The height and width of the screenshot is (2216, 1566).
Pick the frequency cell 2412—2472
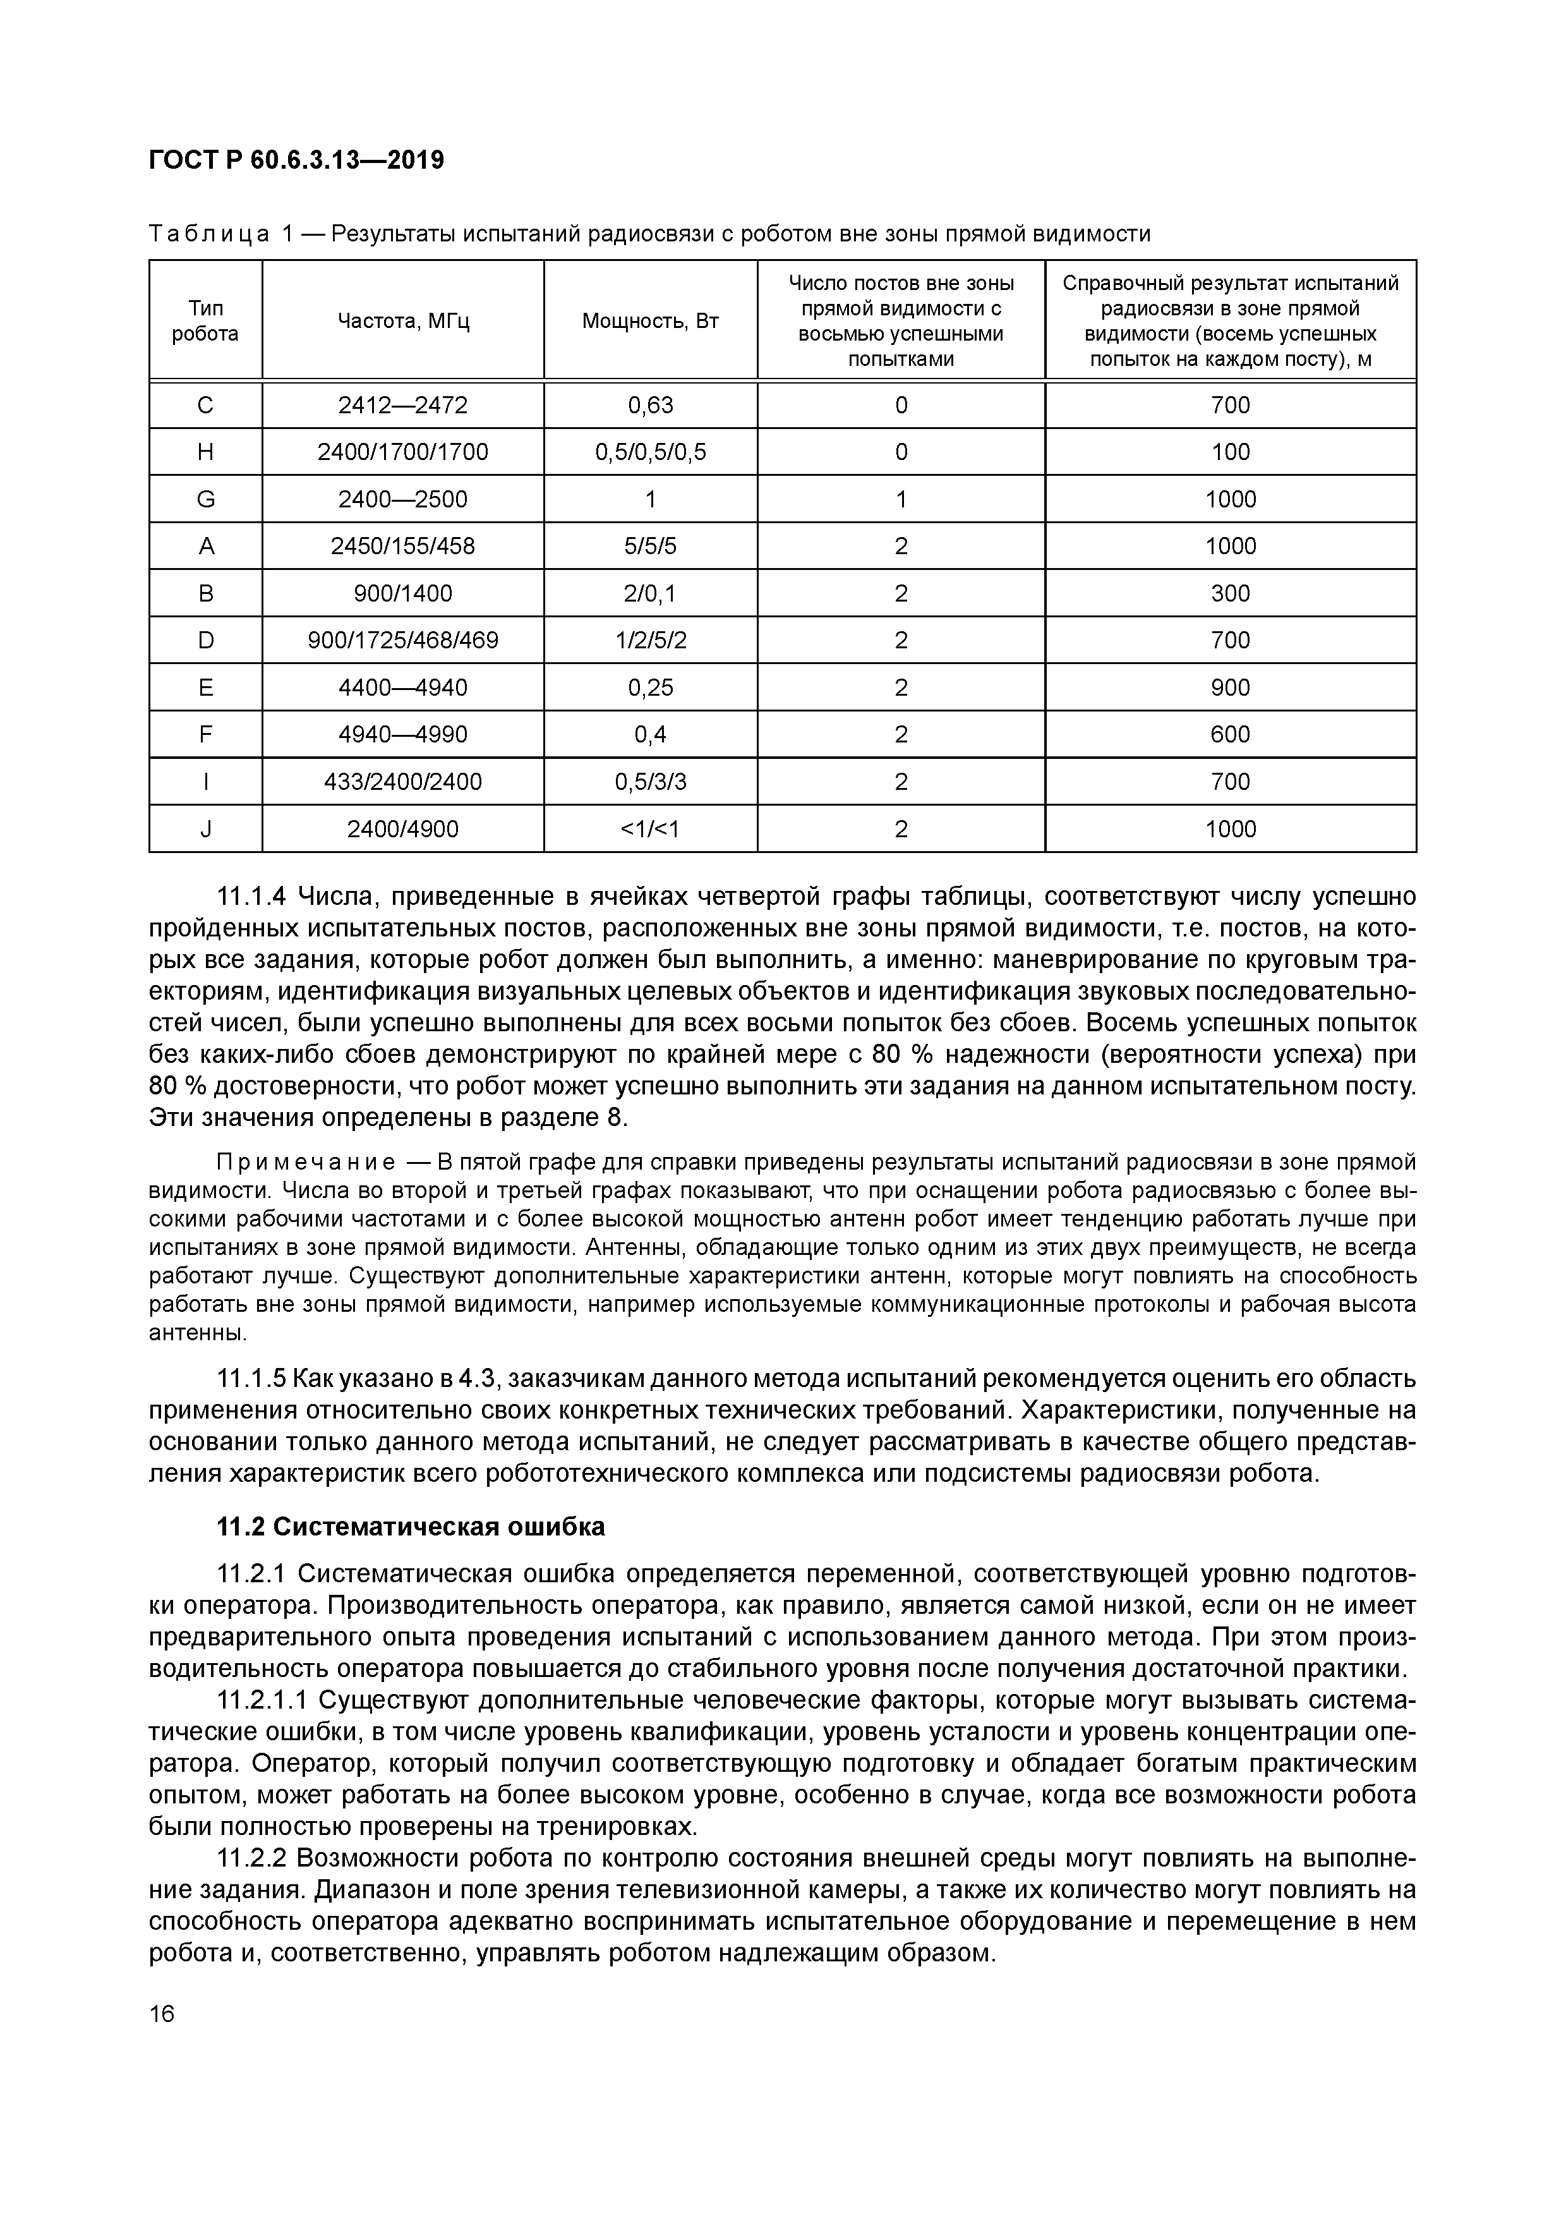pos(402,406)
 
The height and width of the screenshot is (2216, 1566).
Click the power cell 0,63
pos(649,406)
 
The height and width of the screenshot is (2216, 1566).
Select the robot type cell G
pos(205,499)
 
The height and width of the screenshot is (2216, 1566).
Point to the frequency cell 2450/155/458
pos(402,547)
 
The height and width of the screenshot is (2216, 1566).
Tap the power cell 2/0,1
pos(649,593)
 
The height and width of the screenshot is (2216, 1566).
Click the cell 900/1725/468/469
pos(402,640)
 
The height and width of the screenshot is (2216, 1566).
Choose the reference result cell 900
pos(1229,687)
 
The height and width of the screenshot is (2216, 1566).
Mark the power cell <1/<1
pos(649,829)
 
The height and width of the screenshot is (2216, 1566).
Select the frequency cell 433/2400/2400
pos(402,782)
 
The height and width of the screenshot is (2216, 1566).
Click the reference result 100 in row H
pos(1229,452)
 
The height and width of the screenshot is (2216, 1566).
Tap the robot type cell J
pos(205,829)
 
